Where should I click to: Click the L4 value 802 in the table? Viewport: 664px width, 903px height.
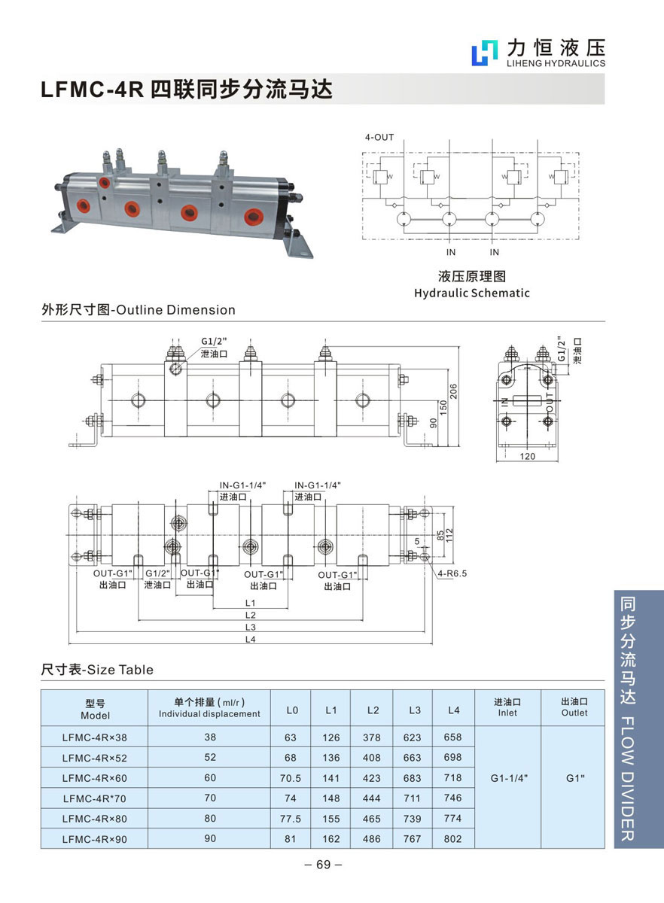tap(453, 838)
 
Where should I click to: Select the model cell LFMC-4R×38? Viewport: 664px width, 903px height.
tap(94, 737)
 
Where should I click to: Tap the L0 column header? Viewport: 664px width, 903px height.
tap(293, 710)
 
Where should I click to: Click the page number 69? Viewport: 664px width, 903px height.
tap(324, 865)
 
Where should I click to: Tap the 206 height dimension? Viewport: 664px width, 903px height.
tap(453, 391)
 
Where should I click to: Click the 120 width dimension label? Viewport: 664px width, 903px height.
tap(527, 456)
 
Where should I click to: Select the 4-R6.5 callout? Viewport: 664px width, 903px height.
tap(452, 573)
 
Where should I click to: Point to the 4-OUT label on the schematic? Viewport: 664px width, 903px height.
tap(379, 138)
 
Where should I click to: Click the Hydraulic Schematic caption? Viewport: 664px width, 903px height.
tap(472, 293)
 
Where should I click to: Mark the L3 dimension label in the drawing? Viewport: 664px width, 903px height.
tap(251, 627)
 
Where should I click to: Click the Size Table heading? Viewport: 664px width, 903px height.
tap(97, 670)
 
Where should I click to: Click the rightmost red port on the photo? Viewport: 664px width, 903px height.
tap(252, 217)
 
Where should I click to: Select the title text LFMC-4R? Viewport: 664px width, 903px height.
tap(91, 90)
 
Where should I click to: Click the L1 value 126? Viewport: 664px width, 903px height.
tap(332, 737)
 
